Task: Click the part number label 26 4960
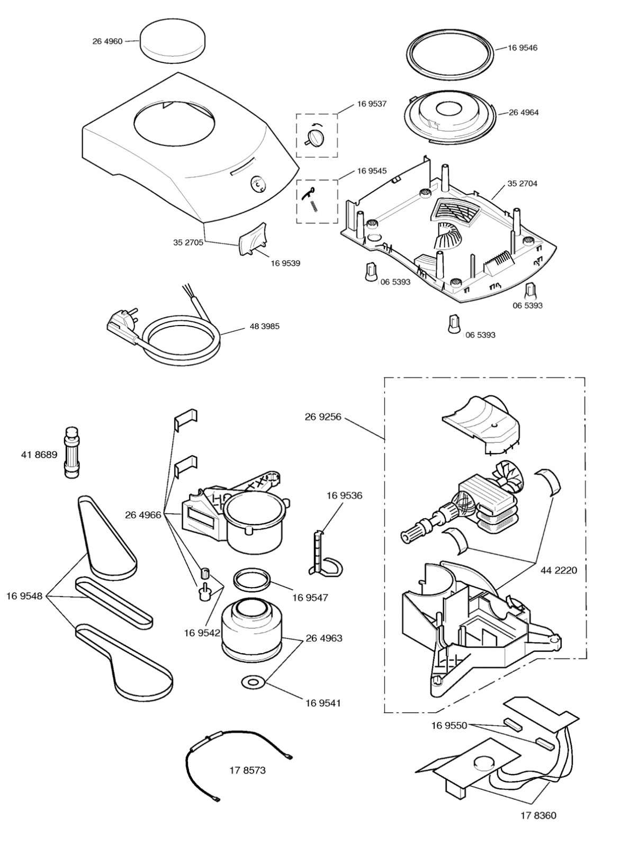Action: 107,41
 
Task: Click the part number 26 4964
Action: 524,112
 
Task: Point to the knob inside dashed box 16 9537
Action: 313,139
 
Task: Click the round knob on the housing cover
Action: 257,186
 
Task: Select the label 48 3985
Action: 264,326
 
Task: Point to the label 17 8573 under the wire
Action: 247,770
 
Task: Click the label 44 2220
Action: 559,570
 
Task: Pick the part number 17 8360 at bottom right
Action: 538,816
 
